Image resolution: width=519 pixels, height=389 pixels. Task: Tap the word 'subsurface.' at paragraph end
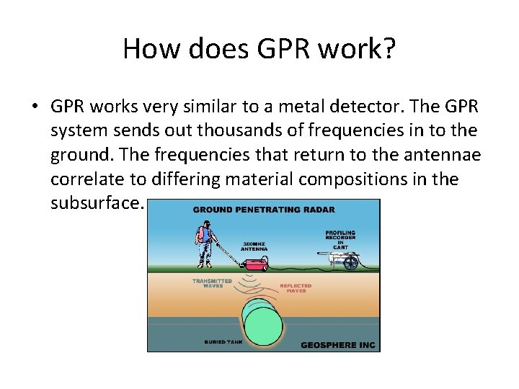pyautogui.click(x=98, y=202)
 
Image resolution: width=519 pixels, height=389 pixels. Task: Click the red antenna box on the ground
pyautogui.click(x=257, y=266)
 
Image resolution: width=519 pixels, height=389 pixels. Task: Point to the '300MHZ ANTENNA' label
pyautogui.click(x=254, y=246)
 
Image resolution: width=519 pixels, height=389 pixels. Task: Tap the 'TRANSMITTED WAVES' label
pyautogui.click(x=211, y=283)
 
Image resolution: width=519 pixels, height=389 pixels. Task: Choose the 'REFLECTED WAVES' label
pyautogui.click(x=295, y=287)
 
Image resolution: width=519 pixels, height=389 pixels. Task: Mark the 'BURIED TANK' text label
pyautogui.click(x=224, y=341)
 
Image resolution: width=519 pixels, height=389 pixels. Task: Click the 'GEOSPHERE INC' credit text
pyautogui.click(x=337, y=344)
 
